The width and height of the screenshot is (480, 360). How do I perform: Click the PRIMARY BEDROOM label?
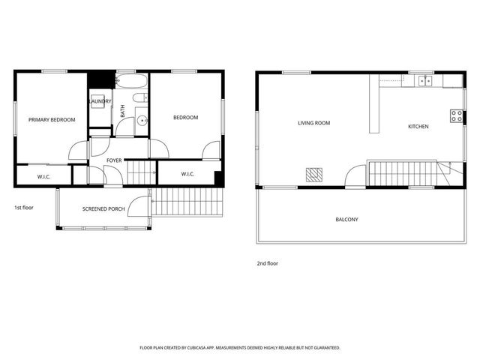[x=52, y=119]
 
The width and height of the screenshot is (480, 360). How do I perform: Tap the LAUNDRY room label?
[x=100, y=101]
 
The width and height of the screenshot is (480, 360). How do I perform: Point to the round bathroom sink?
[x=142, y=120]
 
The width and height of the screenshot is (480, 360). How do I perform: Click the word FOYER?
[x=114, y=160]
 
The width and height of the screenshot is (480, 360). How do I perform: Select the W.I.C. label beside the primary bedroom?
[x=43, y=177]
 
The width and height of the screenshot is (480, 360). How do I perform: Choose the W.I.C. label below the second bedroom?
[x=187, y=174]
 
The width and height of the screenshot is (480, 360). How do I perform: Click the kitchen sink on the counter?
[x=424, y=81]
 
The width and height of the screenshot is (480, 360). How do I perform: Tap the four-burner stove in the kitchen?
[x=455, y=115]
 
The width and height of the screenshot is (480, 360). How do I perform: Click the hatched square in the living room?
[x=315, y=174]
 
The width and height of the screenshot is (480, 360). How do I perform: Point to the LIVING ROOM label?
[x=313, y=123]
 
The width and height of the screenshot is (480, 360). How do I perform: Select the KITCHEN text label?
[x=418, y=127]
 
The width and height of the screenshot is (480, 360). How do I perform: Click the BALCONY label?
[x=346, y=220]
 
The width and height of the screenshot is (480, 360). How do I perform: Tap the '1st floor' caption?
[x=24, y=207]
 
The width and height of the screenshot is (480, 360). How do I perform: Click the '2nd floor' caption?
[x=268, y=263]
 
